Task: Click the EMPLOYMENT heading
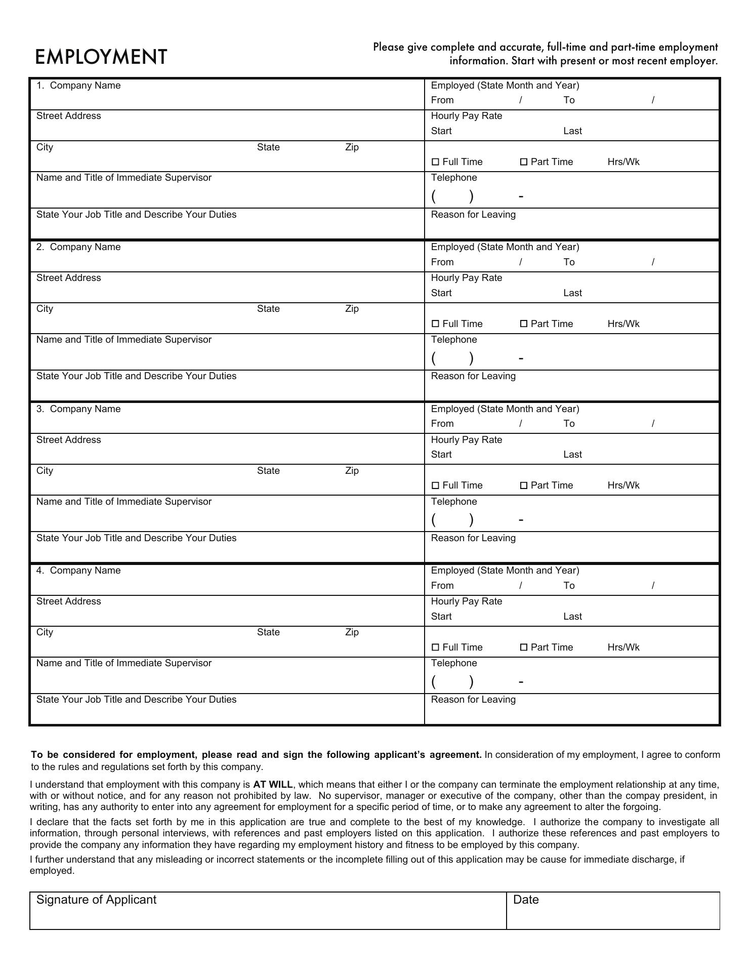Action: (x=101, y=57)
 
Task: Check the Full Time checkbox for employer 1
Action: (x=435, y=162)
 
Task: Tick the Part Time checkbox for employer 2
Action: (x=524, y=324)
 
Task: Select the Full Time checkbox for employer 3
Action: (x=435, y=485)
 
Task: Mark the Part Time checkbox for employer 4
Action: (x=524, y=647)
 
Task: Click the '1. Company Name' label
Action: (x=78, y=86)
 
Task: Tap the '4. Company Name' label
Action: (x=78, y=571)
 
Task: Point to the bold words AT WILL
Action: (x=273, y=785)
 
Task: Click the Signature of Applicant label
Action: (x=96, y=900)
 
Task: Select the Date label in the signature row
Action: (x=526, y=900)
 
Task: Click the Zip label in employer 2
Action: (x=352, y=309)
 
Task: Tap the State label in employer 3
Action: (x=268, y=471)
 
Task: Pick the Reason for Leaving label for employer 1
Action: (x=473, y=215)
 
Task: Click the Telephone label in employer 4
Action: (x=454, y=663)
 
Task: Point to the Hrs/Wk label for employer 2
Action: (x=623, y=324)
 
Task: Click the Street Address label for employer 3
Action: (x=68, y=440)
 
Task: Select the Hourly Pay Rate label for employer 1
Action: (x=467, y=116)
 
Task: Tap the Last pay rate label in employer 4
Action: (x=572, y=617)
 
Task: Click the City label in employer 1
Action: (x=45, y=147)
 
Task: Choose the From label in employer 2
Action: (x=442, y=262)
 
